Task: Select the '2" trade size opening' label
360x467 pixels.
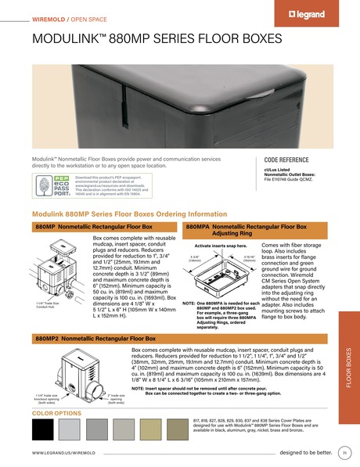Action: [x=113, y=400]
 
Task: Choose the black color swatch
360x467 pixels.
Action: [x=45, y=429]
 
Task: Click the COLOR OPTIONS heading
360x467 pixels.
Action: [x=56, y=412]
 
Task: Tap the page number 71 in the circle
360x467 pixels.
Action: [x=344, y=453]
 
